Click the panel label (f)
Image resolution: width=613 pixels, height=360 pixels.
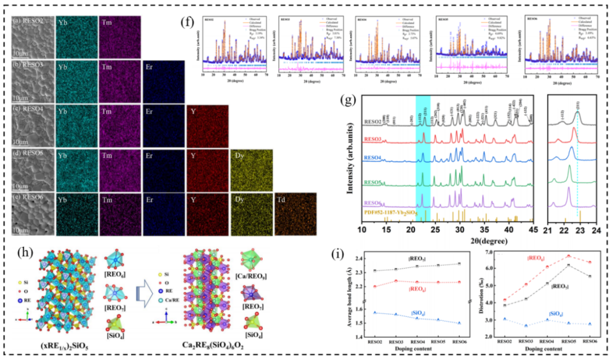(x=187, y=24)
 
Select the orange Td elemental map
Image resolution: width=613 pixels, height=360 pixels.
(x=295, y=214)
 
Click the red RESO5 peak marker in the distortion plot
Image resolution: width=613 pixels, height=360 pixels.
(x=568, y=256)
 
